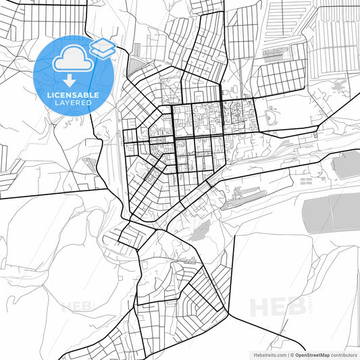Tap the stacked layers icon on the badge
pos(102,47)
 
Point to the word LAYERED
pos(70,105)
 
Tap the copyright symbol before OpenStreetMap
pos(290,354)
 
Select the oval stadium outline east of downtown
pos(272,119)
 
